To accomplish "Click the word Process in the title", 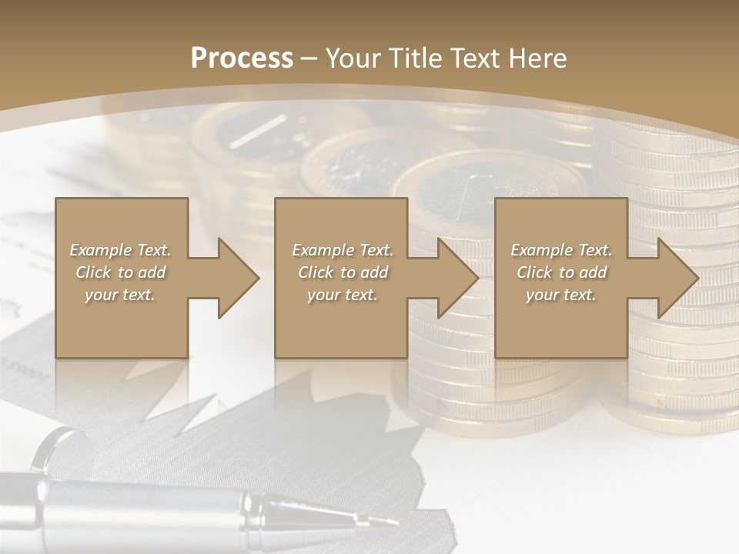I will point(242,58).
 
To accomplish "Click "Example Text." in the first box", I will point(120,250).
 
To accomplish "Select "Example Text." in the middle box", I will point(342,250).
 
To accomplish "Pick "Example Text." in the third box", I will point(561,250).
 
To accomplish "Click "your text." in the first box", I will point(120,295).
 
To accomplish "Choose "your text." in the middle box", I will point(342,295).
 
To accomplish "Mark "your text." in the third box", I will point(561,295).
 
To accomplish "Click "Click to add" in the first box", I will point(120,272).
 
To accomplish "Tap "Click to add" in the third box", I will point(561,272).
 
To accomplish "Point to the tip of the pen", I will point(396,523).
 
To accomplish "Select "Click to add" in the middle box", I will point(342,272).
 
